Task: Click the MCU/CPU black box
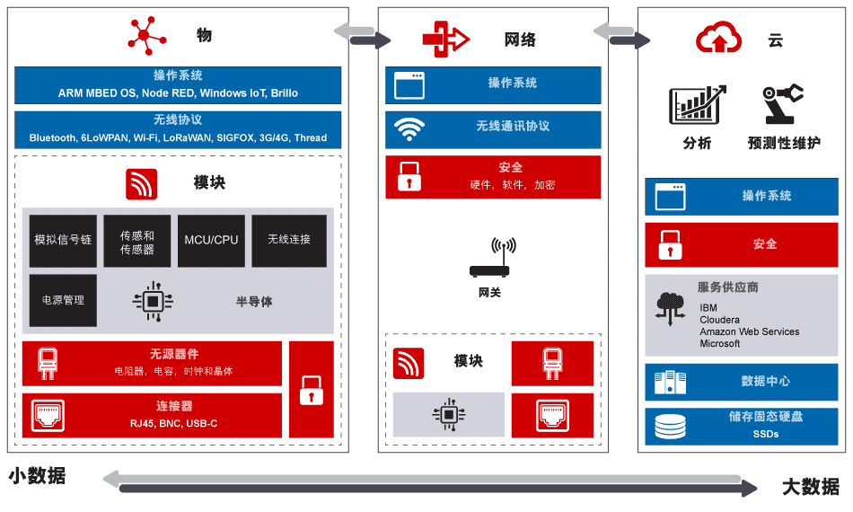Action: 211,241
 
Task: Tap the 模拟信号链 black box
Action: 63,241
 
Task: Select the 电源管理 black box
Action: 63,300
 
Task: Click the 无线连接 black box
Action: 289,241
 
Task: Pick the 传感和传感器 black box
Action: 137,241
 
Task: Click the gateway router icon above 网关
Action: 489,258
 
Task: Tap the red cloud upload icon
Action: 718,38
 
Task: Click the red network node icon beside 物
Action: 145,35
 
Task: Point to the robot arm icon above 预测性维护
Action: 782,103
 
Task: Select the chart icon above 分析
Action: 697,105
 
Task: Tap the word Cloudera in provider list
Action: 720,320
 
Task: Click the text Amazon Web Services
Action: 749,331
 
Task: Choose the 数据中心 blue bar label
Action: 765,382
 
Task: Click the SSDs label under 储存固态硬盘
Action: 765,434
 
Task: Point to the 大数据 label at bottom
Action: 810,487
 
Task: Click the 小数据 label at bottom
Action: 38,476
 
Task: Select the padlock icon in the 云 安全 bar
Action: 670,245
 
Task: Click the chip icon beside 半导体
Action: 153,301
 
